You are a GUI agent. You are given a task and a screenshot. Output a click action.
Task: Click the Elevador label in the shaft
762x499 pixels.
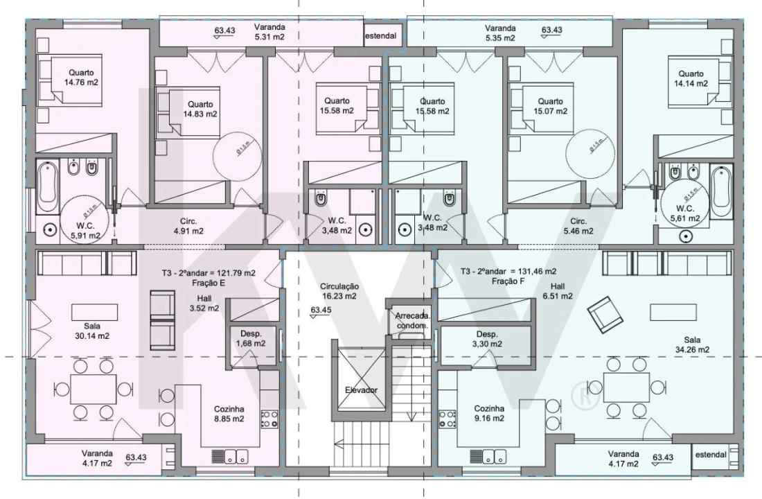coord(361,390)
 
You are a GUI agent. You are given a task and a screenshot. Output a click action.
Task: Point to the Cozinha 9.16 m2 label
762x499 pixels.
coord(488,414)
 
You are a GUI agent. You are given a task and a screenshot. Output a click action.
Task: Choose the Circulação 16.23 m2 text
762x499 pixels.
coord(338,290)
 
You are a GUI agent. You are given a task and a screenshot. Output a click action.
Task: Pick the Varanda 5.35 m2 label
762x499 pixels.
coord(500,33)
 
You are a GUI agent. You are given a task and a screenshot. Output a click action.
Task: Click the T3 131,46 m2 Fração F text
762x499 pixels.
coord(508,277)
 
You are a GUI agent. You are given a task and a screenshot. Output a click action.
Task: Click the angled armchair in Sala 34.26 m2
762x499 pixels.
coord(605,313)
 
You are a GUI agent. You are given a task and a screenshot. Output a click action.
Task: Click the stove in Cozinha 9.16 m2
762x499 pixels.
coord(448,418)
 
